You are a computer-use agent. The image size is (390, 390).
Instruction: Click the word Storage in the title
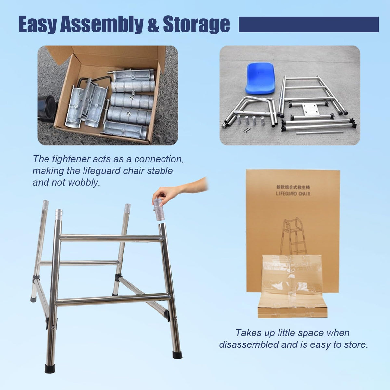tap(197, 25)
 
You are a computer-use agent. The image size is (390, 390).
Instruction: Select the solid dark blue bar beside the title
tap(309, 24)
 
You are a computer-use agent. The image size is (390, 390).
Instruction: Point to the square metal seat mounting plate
tap(310, 110)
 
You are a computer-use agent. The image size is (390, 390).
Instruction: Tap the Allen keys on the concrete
tap(248, 130)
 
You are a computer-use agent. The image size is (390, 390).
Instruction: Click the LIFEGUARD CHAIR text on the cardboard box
tap(293, 194)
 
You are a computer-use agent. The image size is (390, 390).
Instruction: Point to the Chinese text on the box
tap(293, 188)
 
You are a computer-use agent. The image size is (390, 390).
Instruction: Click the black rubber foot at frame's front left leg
tap(50, 368)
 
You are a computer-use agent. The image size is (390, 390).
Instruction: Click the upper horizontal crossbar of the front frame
tap(111, 238)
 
